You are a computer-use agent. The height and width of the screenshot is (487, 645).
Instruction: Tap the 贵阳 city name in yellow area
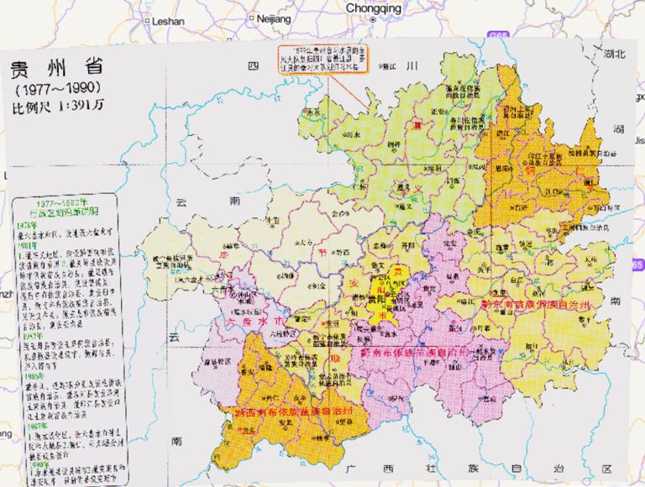(389, 297)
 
